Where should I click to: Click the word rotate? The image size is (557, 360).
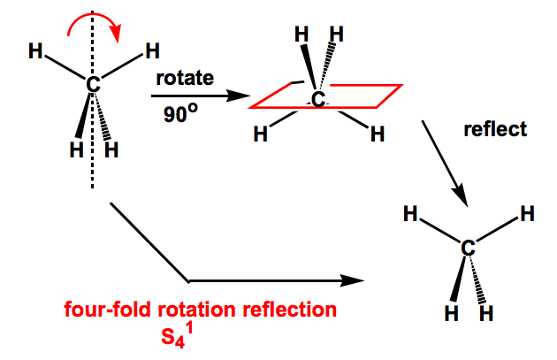(x=185, y=77)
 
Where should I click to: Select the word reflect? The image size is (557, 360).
(x=495, y=129)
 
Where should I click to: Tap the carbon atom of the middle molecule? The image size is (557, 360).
(x=317, y=98)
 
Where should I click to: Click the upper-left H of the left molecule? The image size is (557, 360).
(x=35, y=51)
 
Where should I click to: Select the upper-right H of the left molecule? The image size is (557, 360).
(x=151, y=50)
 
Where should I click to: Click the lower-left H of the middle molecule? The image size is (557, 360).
(x=260, y=135)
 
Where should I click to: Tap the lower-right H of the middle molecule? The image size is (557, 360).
(x=377, y=135)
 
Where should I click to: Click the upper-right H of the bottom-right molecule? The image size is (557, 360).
(x=527, y=213)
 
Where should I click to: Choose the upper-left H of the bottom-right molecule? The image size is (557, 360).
(x=410, y=213)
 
